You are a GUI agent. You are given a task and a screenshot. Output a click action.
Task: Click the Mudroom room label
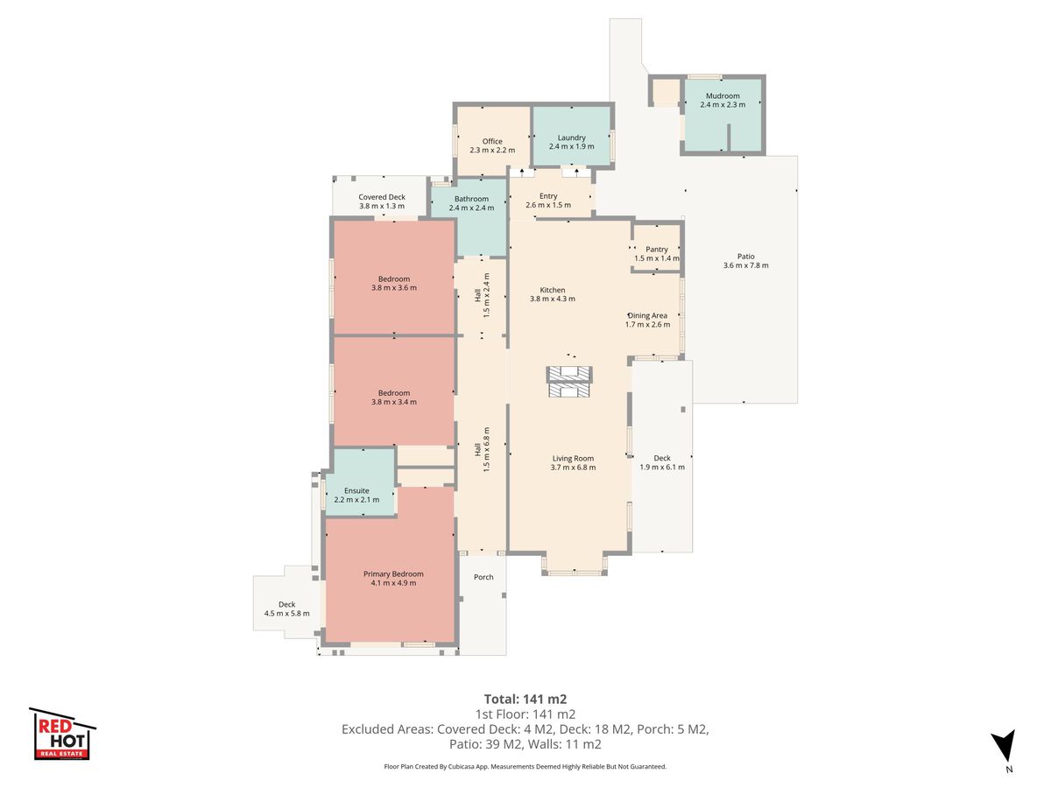point(723,95)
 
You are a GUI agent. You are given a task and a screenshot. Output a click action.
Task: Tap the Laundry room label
point(571,137)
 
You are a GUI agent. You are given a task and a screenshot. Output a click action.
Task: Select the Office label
point(492,141)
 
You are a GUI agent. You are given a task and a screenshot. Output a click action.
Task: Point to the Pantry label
point(657,250)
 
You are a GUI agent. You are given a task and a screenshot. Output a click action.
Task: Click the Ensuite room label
point(356,490)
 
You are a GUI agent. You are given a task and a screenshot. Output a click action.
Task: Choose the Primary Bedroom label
point(393,574)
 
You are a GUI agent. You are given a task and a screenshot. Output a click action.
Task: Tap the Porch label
point(483,577)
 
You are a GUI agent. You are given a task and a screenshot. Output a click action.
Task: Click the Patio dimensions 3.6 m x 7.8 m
point(745,265)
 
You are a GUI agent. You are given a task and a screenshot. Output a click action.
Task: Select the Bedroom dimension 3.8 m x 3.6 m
point(393,288)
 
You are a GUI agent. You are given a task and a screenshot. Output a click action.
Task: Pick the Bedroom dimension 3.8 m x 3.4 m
point(393,402)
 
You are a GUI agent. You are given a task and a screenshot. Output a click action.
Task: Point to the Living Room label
point(573,458)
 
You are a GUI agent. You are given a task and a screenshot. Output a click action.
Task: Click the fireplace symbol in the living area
point(568,382)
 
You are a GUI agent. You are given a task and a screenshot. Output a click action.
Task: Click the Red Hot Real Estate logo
point(62,734)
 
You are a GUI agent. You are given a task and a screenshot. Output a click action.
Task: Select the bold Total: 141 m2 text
point(525,700)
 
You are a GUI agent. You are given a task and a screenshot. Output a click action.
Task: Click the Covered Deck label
point(382,197)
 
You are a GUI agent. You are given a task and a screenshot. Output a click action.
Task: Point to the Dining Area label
point(647,316)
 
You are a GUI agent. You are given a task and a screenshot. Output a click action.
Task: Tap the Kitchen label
point(552,290)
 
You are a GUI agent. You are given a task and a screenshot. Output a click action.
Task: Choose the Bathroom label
point(471,199)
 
